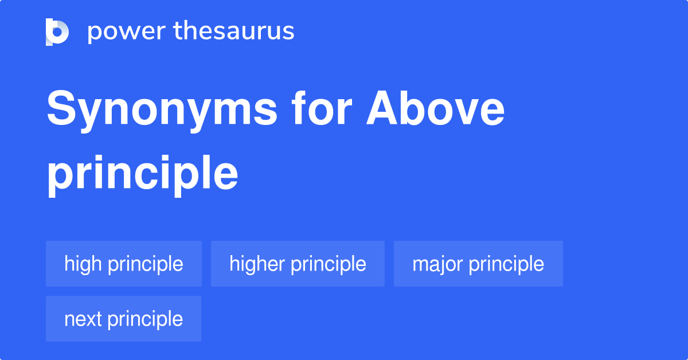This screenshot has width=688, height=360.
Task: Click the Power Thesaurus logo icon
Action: (57, 32)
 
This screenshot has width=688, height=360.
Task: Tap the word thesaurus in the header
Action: (233, 32)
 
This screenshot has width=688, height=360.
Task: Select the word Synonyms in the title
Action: (162, 111)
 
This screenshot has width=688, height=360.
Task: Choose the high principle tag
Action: (124, 264)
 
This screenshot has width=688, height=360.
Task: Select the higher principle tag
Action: (298, 264)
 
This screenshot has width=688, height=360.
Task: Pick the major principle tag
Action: (478, 264)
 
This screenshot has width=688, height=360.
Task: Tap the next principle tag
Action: (123, 319)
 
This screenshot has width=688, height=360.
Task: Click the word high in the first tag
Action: (83, 264)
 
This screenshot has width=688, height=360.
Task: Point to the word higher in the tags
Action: (256, 264)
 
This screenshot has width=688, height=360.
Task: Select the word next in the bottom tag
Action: (83, 319)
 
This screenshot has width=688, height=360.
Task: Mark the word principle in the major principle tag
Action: (506, 264)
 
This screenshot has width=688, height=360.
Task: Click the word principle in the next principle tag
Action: (145, 319)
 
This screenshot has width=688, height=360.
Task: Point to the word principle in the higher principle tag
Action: (329, 264)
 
